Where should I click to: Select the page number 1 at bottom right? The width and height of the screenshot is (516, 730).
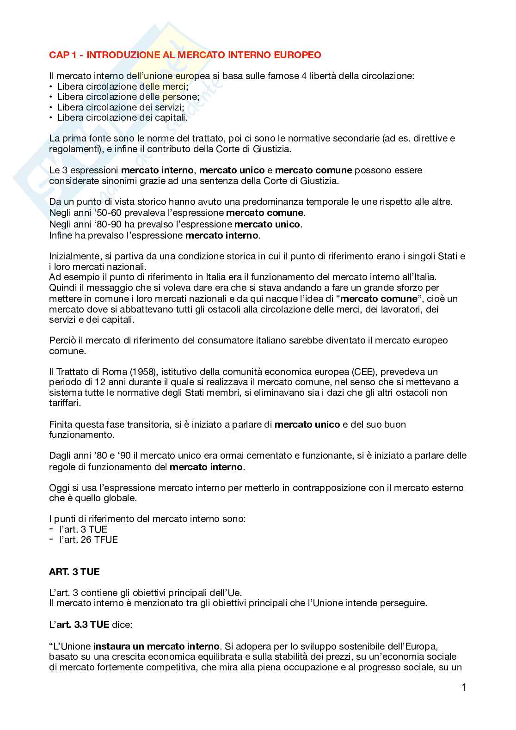coord(463,687)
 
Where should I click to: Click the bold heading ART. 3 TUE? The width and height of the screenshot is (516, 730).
coord(74,572)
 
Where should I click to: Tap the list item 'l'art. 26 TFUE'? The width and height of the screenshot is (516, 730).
coord(88,540)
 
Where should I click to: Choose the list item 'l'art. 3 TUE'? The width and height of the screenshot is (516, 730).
coord(83,529)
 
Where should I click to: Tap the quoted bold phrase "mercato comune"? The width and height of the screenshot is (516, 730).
coord(379,299)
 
